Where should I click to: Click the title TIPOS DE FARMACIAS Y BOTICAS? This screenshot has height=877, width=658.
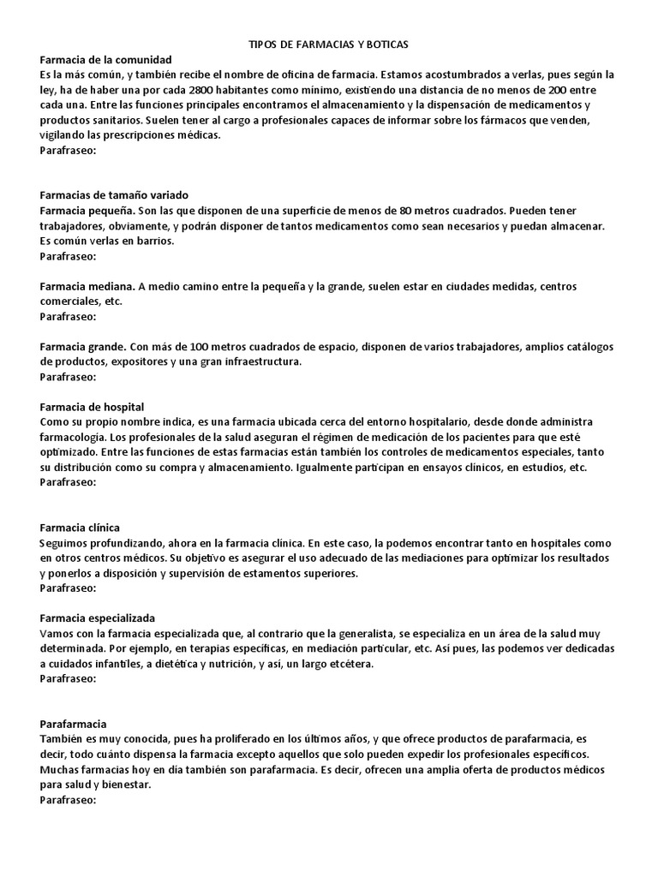(x=328, y=44)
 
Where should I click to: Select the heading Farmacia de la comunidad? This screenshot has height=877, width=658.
(x=106, y=59)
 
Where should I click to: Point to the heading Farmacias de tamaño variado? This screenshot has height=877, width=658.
(x=114, y=195)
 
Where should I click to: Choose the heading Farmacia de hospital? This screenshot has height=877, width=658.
(x=92, y=407)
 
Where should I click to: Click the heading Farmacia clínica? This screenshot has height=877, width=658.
(x=80, y=528)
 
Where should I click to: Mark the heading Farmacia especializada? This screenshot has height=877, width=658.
(x=97, y=618)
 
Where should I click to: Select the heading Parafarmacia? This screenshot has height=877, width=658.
(x=73, y=724)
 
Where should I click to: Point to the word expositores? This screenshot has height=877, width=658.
(x=140, y=362)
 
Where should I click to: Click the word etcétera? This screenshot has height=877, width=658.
(x=349, y=665)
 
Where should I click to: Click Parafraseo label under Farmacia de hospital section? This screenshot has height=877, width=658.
(x=68, y=482)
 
